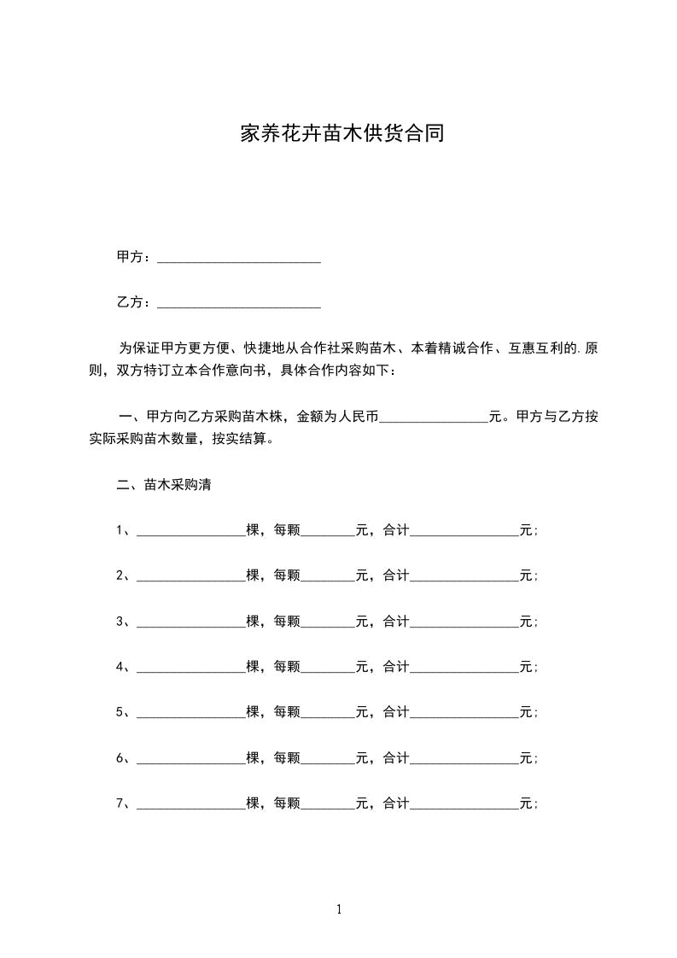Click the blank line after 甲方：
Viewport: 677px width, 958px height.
coord(239,259)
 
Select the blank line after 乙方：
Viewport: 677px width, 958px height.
coord(239,304)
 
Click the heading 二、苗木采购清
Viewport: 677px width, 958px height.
coord(163,485)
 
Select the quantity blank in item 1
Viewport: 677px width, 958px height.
coord(190,532)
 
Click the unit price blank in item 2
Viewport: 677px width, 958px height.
coord(328,577)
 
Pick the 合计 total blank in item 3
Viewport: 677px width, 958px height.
coord(464,622)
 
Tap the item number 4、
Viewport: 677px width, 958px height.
coord(124,666)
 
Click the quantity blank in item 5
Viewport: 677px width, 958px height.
coord(190,713)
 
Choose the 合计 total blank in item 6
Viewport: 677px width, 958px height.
coord(464,758)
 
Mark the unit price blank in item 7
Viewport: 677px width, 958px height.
coord(328,804)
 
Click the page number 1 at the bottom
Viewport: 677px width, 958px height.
coord(339,909)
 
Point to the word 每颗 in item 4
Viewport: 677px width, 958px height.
coord(287,666)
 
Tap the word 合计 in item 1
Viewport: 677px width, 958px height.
coord(396,530)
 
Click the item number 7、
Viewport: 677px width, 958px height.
coord(124,803)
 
